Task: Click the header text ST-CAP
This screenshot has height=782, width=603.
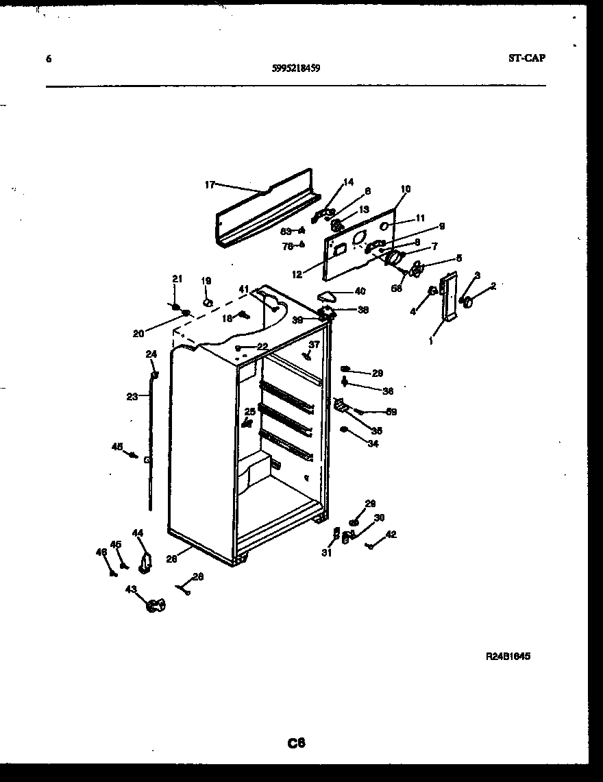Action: [x=527, y=58]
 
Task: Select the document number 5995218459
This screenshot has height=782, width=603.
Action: [x=295, y=69]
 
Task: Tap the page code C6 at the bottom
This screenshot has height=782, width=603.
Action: [x=296, y=742]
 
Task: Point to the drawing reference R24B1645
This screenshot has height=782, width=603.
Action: [x=508, y=656]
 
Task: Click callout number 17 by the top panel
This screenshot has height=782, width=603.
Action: [x=210, y=184]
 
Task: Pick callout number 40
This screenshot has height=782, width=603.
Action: [x=360, y=291]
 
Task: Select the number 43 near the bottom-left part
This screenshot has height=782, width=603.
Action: [x=130, y=589]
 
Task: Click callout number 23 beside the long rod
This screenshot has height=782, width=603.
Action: [x=132, y=396]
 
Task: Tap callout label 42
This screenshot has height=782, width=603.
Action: [x=391, y=535]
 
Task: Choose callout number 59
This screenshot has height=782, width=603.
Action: [x=391, y=412]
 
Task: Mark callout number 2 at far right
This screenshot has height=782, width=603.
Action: [x=493, y=285]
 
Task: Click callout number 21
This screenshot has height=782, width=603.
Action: [x=177, y=278]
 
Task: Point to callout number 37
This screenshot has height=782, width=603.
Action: [x=314, y=344]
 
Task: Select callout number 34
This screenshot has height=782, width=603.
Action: [x=372, y=443]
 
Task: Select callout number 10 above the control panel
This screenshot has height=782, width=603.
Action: [x=406, y=188]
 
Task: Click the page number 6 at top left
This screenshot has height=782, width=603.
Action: [x=48, y=59]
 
